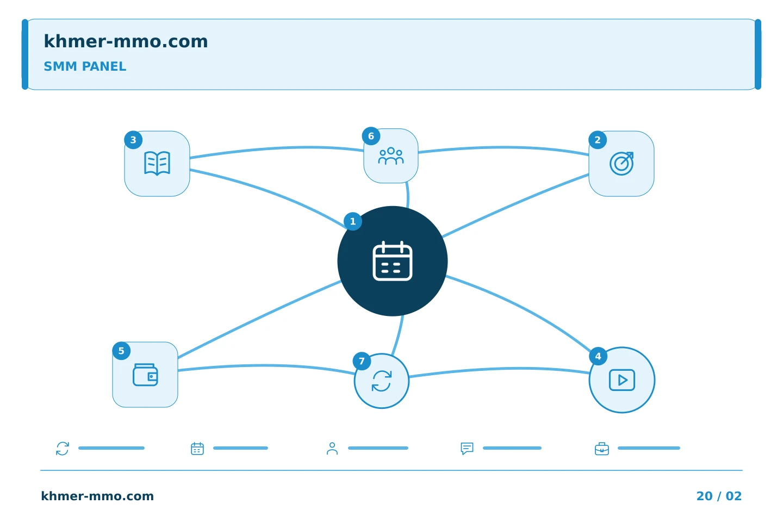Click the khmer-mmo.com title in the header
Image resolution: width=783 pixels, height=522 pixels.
[x=126, y=41]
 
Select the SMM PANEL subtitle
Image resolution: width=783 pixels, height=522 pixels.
[x=85, y=66]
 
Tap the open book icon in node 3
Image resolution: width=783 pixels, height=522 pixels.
[x=157, y=163]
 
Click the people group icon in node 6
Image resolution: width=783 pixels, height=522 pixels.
[x=391, y=156]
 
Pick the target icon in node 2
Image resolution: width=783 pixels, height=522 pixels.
[x=622, y=163]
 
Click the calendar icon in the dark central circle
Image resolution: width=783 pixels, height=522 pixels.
[x=393, y=261]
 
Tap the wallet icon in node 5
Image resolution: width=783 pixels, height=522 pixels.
[x=145, y=375]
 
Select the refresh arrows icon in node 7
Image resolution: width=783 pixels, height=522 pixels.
[x=381, y=381]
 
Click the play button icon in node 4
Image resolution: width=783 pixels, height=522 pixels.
[x=622, y=380]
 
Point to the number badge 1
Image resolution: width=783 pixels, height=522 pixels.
[x=353, y=221]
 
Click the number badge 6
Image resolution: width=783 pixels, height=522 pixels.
[x=371, y=136]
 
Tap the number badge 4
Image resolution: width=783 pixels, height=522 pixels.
[x=598, y=356]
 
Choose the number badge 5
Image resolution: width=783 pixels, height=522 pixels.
[x=121, y=351]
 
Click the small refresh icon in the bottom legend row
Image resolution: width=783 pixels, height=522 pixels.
[x=63, y=449]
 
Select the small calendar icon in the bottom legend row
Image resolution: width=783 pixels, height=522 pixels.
[x=197, y=449]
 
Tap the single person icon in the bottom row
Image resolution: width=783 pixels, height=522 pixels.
[x=332, y=449]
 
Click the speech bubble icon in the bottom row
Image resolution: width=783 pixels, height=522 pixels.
[x=467, y=449]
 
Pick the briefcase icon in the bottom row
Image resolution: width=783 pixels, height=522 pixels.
[x=602, y=449]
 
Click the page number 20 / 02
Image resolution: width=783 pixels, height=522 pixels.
[x=719, y=496]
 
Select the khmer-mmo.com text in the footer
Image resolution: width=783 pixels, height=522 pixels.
[x=97, y=496]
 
